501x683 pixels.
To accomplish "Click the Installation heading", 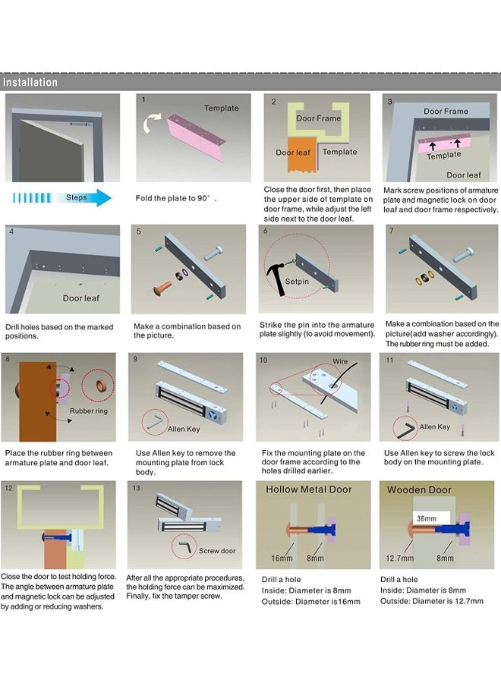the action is [30, 82].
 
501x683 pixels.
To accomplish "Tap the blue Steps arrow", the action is [61, 198].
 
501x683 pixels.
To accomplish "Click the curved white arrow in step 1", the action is [151, 123].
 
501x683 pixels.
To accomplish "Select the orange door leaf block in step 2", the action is [302, 155].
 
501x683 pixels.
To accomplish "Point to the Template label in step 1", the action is [222, 108].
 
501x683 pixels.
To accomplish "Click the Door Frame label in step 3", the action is [446, 111].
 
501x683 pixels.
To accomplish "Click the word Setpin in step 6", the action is [297, 282].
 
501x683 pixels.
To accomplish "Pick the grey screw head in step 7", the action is [463, 254].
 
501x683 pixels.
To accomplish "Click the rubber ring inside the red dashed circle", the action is [102, 386].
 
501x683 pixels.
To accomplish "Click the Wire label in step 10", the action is [340, 361].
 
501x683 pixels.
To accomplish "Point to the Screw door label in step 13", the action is [217, 551].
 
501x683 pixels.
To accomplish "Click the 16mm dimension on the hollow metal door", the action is [282, 558].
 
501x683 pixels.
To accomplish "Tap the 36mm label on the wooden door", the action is [426, 518].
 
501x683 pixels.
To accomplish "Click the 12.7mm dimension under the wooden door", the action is [399, 558].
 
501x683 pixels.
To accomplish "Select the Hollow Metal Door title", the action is [308, 489].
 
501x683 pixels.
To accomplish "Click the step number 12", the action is [8, 488].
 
